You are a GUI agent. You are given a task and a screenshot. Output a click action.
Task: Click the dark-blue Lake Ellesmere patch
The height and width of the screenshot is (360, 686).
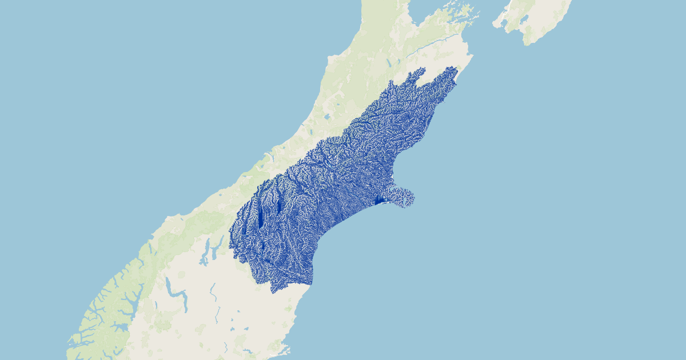[x=379, y=200]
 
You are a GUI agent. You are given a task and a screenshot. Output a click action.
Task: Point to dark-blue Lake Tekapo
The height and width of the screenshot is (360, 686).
[x=278, y=206]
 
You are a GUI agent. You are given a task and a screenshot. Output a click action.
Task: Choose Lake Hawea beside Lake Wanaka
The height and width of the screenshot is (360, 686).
[x=216, y=250]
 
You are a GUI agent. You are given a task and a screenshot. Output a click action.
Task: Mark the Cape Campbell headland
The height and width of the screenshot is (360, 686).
[x=470, y=58]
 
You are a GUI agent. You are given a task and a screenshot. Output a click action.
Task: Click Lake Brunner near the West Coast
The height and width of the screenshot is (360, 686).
[x=326, y=117]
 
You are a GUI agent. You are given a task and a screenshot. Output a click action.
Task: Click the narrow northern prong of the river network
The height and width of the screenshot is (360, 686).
[x=421, y=71]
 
